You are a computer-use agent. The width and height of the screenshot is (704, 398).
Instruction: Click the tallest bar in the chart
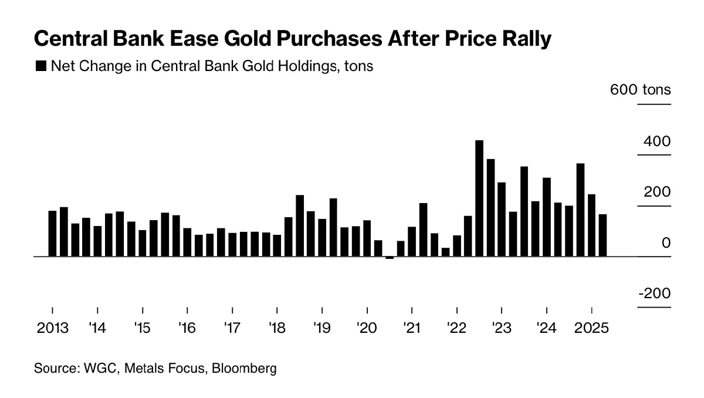pos(479,198)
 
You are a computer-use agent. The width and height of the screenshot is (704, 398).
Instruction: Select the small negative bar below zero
pos(390,258)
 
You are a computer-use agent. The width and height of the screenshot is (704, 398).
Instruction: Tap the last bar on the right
pos(603,235)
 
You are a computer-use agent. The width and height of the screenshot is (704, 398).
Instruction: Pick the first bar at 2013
pos(52,234)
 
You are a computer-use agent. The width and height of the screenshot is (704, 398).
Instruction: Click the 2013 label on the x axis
pos(52,328)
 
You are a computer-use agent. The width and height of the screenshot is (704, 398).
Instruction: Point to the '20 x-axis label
pos(367,328)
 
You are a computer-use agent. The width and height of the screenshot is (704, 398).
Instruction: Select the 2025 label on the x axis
pos(591,328)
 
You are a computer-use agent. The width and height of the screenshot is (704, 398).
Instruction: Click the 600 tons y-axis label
pos(640,90)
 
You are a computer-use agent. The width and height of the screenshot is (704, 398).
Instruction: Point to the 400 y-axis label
pos(656,141)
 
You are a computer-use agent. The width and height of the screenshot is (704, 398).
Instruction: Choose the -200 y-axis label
pos(654,294)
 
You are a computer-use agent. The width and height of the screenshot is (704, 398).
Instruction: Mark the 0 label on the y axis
pos(666,243)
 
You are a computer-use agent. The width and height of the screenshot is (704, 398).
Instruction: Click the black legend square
pos(41,66)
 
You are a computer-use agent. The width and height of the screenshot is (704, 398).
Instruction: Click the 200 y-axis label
pos(656,193)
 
